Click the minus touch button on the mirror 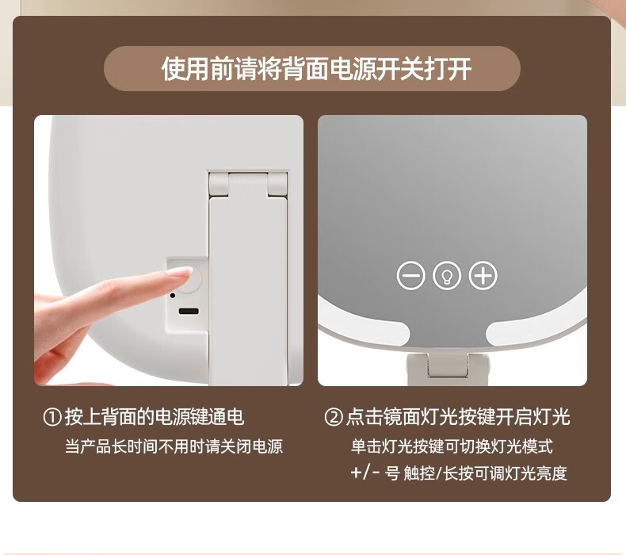410,275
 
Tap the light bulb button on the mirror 447,275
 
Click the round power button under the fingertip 193,279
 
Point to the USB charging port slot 189,312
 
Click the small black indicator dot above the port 173,296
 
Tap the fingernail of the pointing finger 181,272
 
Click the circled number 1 53,418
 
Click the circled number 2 334,418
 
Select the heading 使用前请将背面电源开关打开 316,69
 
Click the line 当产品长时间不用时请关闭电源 174,446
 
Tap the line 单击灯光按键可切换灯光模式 452,446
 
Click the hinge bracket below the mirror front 447,364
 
